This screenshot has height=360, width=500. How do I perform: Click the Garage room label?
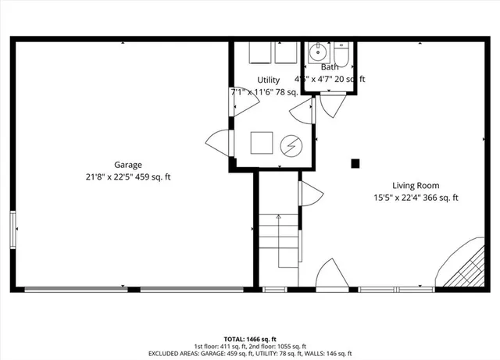click(x=128, y=165)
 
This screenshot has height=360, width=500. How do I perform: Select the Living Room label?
click(x=416, y=186)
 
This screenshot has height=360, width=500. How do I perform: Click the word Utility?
click(x=269, y=80)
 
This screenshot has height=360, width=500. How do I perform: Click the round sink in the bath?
click(x=318, y=53)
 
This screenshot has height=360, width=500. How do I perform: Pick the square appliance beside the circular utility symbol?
click(x=261, y=143)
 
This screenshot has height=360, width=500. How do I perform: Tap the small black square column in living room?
click(x=355, y=163)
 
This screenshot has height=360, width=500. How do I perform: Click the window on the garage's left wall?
click(x=13, y=230)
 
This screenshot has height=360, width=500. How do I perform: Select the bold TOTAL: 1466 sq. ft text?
click(x=249, y=339)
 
